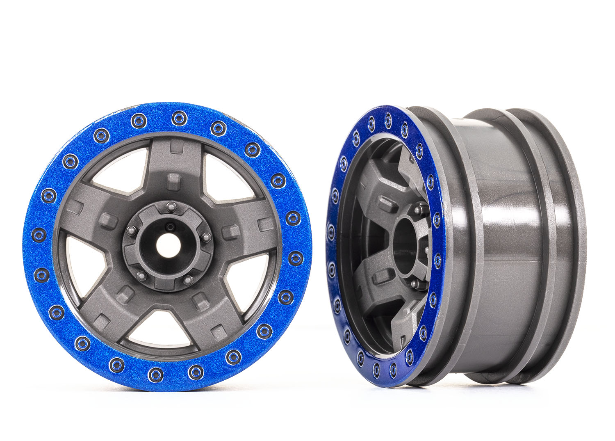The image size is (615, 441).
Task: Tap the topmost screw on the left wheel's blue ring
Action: (179, 119)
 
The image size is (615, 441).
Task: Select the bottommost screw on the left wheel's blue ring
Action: (155, 374)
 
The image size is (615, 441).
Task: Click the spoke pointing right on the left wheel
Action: (246, 230)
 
